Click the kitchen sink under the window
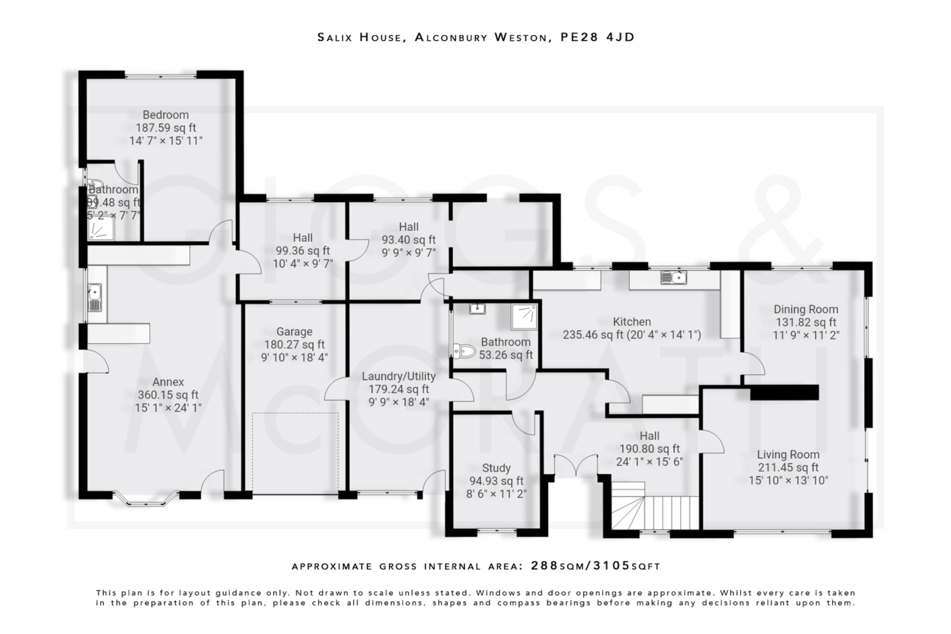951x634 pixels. click(x=673, y=278)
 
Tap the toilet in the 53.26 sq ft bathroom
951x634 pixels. click(x=465, y=351)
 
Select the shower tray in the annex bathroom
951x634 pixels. click(x=101, y=228)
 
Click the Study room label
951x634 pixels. click(x=496, y=468)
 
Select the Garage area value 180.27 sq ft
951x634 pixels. click(x=294, y=345)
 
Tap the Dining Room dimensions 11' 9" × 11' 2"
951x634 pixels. click(x=806, y=335)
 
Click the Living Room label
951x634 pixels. click(x=788, y=454)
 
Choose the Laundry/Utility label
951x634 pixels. click(x=398, y=376)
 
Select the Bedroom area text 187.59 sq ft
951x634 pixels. click(x=166, y=128)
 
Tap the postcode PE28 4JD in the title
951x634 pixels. click(x=597, y=37)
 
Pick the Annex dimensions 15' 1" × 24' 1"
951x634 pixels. click(x=168, y=408)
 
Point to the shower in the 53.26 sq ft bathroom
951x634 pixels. click(x=524, y=316)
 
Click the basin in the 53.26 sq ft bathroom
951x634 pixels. click(x=477, y=308)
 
